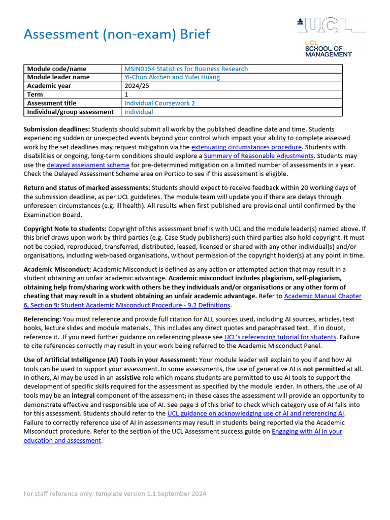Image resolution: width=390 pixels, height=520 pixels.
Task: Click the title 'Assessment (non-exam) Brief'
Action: pos(117,34)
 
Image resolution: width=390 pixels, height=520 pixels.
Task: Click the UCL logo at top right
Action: pos(331,25)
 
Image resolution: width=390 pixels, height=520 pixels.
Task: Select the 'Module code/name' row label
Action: pos(56,69)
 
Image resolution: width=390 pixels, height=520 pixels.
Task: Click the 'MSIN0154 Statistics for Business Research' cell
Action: pos(186,69)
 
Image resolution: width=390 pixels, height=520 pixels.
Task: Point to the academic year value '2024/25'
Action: pos(136,86)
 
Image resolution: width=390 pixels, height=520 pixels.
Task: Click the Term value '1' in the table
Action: pos(126,94)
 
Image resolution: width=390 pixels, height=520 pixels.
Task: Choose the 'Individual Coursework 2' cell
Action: pos(159,103)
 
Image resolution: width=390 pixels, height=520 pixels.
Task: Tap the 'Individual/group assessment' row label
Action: pos(70,112)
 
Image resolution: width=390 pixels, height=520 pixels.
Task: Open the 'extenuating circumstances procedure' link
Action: pos(247,147)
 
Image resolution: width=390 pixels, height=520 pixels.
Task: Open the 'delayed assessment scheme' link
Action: pos(88,165)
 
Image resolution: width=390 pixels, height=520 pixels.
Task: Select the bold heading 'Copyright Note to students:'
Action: pos(65,229)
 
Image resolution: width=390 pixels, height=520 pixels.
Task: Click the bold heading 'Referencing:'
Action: pos(43,319)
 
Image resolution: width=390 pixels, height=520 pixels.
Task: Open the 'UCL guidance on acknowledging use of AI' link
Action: pos(256,414)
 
